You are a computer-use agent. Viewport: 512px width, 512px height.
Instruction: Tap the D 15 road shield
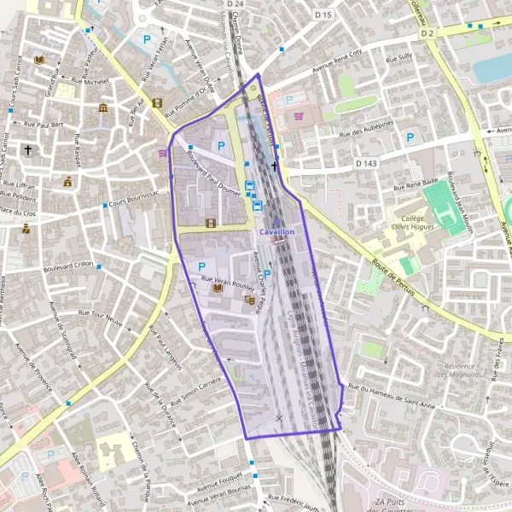(x=323, y=15)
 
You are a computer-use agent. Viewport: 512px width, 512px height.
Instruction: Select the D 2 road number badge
(x=428, y=33)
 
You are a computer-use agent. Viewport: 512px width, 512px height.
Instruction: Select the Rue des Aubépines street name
(x=368, y=134)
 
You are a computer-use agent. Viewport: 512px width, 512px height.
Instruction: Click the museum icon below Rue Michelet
(x=103, y=108)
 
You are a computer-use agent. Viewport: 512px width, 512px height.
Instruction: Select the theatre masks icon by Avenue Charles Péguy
(x=249, y=300)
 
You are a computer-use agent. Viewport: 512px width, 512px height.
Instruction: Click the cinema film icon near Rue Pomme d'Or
(x=156, y=103)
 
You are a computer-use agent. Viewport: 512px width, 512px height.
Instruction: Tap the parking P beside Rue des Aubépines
(x=411, y=137)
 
